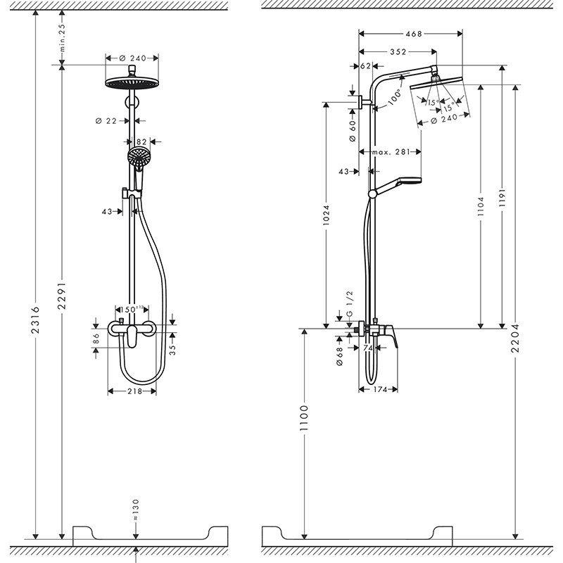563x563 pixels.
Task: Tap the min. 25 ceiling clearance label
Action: [x=62, y=38]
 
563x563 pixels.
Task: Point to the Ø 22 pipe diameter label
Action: [x=106, y=121]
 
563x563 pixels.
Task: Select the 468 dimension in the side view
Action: [x=414, y=32]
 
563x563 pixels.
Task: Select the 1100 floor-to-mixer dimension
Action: [x=304, y=420]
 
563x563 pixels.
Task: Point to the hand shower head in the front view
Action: [x=138, y=156]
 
